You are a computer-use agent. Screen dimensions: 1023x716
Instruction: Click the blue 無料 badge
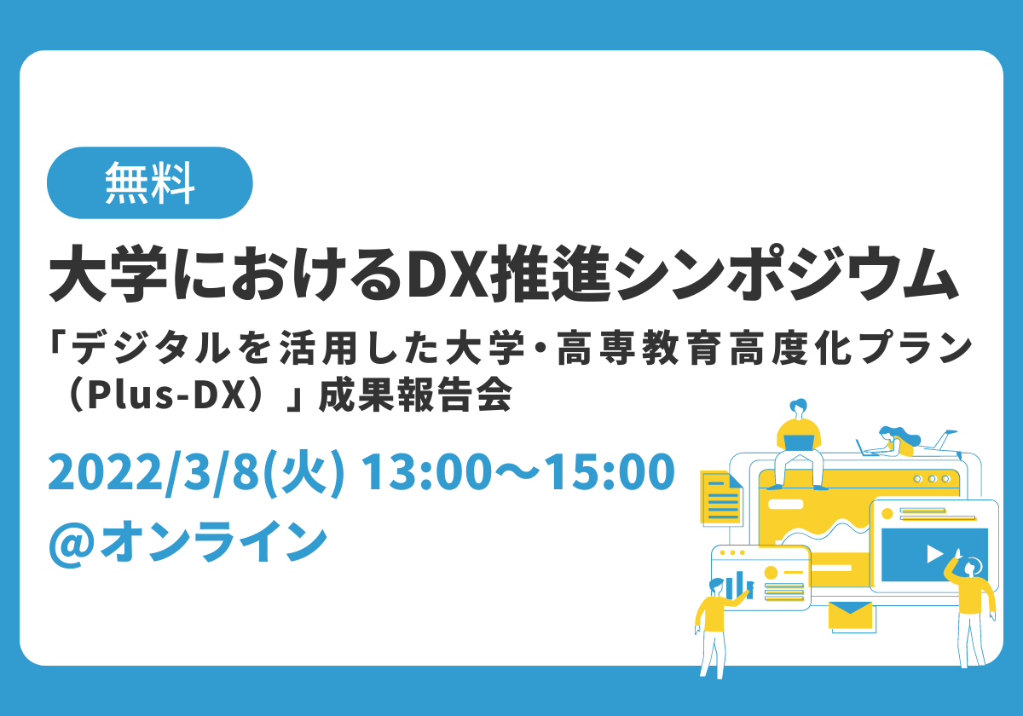click(150, 182)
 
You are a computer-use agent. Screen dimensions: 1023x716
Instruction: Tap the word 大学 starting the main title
click(108, 274)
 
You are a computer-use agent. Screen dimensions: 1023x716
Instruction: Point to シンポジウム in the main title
click(784, 274)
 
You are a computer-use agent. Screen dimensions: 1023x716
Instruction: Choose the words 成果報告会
click(415, 396)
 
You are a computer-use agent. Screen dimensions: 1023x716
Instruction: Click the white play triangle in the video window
click(934, 554)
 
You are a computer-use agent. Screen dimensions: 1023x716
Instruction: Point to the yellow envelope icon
click(850, 615)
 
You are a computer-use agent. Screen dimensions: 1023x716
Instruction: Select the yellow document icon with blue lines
click(720, 499)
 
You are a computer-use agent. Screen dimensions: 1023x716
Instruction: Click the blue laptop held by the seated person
click(799, 442)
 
